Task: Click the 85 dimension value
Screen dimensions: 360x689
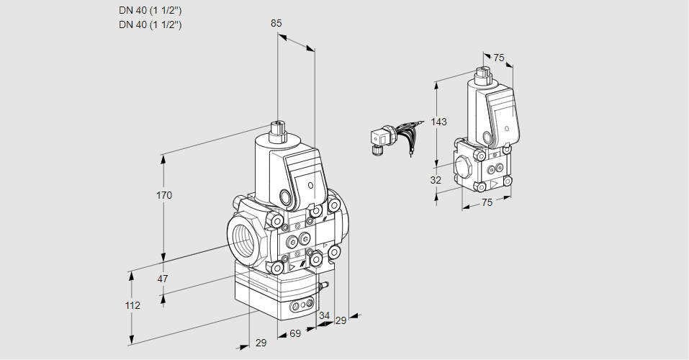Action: tap(276, 23)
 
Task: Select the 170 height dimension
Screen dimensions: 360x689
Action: tap(165, 195)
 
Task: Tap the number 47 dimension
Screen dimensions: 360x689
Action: tap(163, 279)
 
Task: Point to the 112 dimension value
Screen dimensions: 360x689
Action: tap(132, 305)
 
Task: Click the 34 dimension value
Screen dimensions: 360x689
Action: tap(324, 315)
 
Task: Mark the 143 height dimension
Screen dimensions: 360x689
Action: tap(439, 122)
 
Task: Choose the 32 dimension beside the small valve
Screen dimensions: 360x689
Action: tap(436, 180)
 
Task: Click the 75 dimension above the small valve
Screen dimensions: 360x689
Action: tap(499, 58)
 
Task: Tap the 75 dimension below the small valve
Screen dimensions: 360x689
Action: tap(487, 203)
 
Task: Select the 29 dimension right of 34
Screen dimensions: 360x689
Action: tap(341, 320)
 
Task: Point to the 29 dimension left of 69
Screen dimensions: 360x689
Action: tap(261, 343)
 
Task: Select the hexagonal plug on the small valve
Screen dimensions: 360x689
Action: tap(464, 166)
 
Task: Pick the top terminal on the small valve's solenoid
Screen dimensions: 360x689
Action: tap(482, 73)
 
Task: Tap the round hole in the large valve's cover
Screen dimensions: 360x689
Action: tap(310, 185)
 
